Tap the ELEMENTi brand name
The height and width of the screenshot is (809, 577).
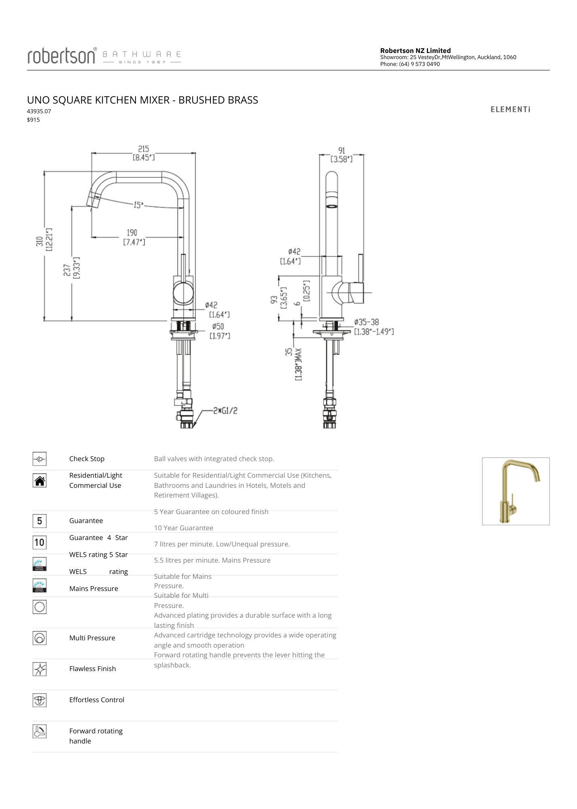[510, 109]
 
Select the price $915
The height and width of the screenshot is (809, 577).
[34, 120]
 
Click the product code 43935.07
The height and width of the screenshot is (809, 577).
[39, 111]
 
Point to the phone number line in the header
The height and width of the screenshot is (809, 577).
[410, 64]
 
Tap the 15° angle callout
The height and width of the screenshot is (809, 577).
[138, 205]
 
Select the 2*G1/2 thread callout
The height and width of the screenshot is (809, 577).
[226, 411]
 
